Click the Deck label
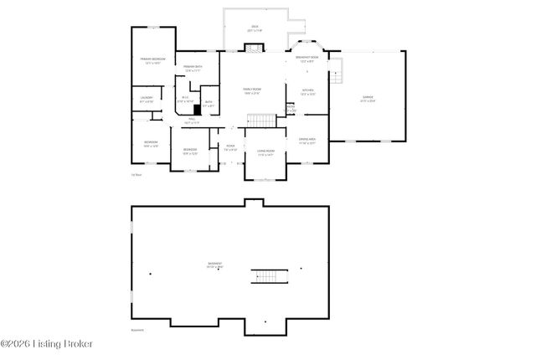pos(255,28)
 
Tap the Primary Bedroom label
pos(152,60)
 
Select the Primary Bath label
pos(194,67)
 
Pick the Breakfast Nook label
pos(306,59)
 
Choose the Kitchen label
pos(308,91)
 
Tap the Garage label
pos(368,99)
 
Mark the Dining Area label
pos(307,141)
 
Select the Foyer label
pos(230,147)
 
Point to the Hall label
pos(192,121)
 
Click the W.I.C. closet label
pos(185,99)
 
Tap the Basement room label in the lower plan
pos(215,266)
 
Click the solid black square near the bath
pos(198,108)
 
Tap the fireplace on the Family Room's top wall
pos(252,50)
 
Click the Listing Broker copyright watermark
pos(47,344)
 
